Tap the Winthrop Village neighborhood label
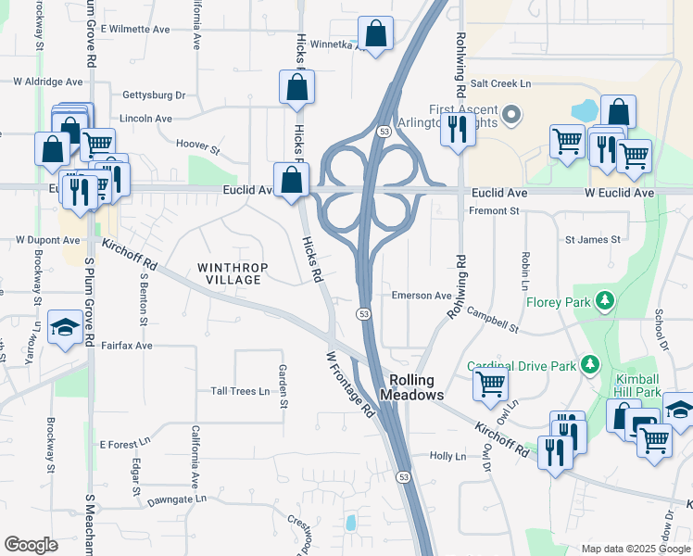[233, 273]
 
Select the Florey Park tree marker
[605, 300]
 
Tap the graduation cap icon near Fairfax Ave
[66, 327]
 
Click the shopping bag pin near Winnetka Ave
[375, 34]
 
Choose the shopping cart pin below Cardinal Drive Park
[490, 382]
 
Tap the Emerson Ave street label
[421, 296]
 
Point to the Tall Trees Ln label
[240, 391]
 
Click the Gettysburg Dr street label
[154, 95]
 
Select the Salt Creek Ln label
[500, 83]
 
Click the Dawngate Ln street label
[176, 499]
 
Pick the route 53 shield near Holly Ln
[403, 477]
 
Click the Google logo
[31, 545]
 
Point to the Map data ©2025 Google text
[636, 549]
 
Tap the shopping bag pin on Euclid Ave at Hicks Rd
[291, 180]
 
